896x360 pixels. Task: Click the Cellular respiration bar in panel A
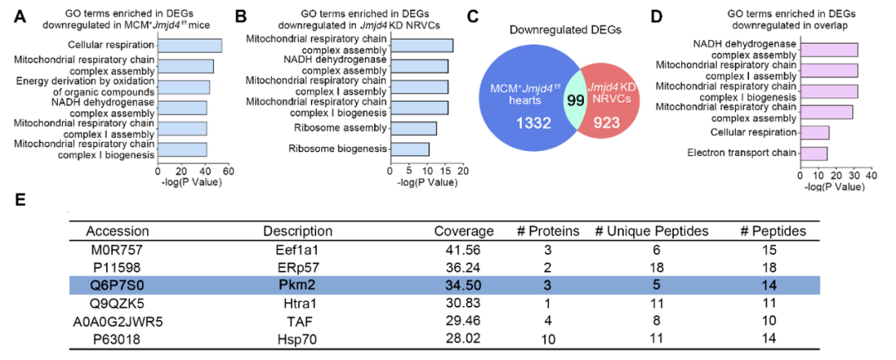(x=190, y=46)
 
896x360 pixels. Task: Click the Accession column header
(x=117, y=231)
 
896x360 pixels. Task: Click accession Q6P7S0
(x=117, y=284)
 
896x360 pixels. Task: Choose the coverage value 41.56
(x=465, y=249)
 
